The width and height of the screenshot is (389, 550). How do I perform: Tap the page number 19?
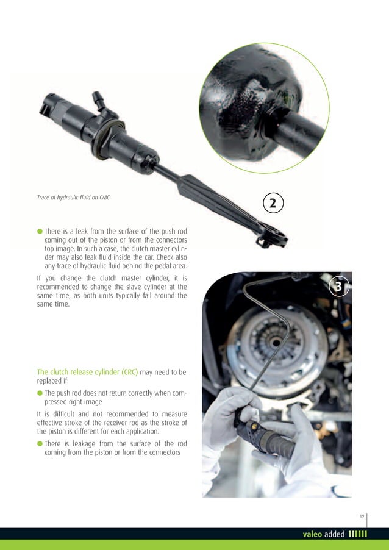coord(362,516)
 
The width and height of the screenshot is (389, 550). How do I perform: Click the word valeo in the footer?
coord(315,535)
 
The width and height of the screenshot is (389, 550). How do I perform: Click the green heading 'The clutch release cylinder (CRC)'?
coord(88,371)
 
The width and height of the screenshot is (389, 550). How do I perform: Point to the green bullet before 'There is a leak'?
coord(40,231)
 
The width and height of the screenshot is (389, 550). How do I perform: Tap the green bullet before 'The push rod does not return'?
coord(40,393)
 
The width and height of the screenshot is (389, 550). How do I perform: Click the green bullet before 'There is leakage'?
coord(40,443)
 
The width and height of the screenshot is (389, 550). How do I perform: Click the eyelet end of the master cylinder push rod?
coord(272,237)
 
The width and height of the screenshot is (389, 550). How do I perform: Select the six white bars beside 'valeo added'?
coord(357,535)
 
